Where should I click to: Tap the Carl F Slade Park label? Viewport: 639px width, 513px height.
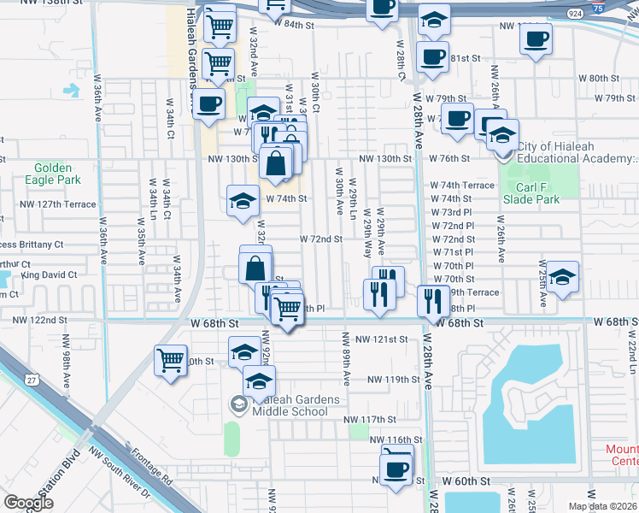click(x=531, y=193)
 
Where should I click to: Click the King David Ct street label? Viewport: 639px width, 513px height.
click(x=49, y=275)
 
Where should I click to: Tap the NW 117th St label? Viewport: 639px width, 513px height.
click(x=370, y=420)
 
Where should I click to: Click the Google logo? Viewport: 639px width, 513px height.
click(x=28, y=503)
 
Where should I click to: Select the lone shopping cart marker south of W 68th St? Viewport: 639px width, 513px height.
click(x=170, y=359)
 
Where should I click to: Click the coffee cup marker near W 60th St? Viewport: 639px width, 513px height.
click(x=396, y=468)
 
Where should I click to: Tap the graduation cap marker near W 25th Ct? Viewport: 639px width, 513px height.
click(x=563, y=277)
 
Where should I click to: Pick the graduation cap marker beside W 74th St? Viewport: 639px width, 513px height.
click(x=242, y=201)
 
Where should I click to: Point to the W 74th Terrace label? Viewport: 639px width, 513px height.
click(x=461, y=186)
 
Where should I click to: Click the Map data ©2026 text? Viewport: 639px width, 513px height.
click(x=601, y=505)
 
